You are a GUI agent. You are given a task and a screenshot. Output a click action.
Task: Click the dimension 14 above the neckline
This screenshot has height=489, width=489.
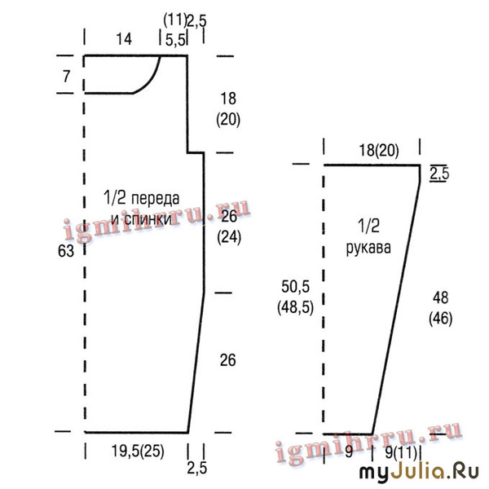tap(124, 39)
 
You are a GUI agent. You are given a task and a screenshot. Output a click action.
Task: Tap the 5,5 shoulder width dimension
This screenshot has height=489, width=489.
tap(175, 40)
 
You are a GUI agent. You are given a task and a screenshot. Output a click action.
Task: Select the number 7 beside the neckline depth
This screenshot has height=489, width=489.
tap(67, 77)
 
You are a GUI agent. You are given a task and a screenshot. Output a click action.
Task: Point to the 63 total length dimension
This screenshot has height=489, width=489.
tap(66, 251)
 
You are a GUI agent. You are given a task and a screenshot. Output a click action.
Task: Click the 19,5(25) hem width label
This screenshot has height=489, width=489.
tap(138, 451)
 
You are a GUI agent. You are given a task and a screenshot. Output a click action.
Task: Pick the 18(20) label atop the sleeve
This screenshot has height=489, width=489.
tap(379, 150)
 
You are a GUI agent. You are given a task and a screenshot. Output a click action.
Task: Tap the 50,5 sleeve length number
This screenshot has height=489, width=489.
tap(295, 286)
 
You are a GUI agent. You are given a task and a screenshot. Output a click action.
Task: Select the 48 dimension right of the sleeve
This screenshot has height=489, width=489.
tap(441, 297)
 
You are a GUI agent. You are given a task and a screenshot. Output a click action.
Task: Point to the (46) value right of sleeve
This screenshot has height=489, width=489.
tap(441, 319)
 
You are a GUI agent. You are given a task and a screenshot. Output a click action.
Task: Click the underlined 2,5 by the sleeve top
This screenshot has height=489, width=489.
tap(439, 174)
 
